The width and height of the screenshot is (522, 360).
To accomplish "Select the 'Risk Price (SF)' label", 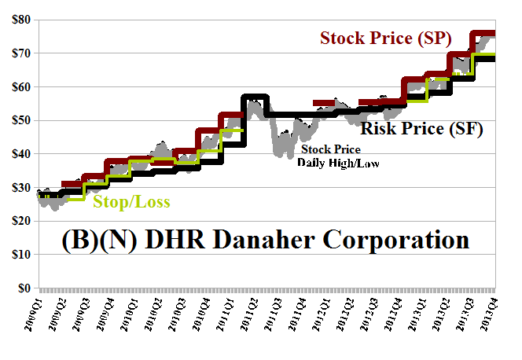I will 421,127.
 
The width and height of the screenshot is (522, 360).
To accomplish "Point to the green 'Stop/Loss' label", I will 131,202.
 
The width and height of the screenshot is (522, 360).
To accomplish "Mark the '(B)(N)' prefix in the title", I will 90,239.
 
